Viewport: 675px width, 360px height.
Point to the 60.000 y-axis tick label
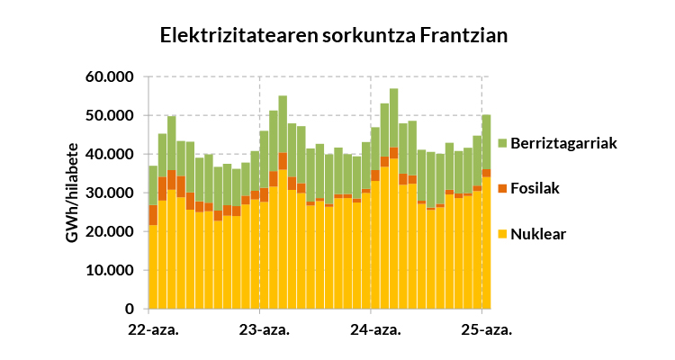[109, 77]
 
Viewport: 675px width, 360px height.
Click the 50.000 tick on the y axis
[109, 116]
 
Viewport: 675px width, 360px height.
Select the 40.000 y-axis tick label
[109, 155]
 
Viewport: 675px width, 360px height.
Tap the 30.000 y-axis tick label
[109, 193]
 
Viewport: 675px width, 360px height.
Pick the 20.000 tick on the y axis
[109, 232]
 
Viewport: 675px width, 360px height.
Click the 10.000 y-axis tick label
[109, 271]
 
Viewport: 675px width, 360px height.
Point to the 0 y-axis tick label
[129, 310]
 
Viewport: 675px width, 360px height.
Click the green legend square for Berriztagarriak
[501, 143]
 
